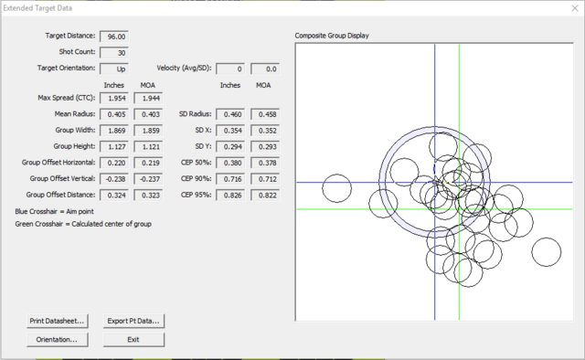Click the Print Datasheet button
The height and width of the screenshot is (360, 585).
[57, 321]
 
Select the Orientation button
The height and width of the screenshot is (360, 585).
[57, 339]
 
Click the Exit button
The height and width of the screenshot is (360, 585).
[133, 339]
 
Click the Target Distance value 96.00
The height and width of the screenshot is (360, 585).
[115, 37]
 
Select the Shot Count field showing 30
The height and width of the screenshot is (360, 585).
[115, 52]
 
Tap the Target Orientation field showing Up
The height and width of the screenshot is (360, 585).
[115, 69]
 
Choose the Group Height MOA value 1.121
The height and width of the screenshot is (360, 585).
[147, 146]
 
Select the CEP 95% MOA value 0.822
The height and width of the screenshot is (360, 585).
[263, 196]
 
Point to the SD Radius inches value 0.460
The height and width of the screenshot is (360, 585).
[231, 114]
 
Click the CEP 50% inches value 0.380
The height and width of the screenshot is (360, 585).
[231, 163]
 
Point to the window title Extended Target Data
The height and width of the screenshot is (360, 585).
[45, 8]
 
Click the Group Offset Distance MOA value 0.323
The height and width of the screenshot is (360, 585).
[147, 196]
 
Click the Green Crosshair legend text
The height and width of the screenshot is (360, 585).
[83, 223]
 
